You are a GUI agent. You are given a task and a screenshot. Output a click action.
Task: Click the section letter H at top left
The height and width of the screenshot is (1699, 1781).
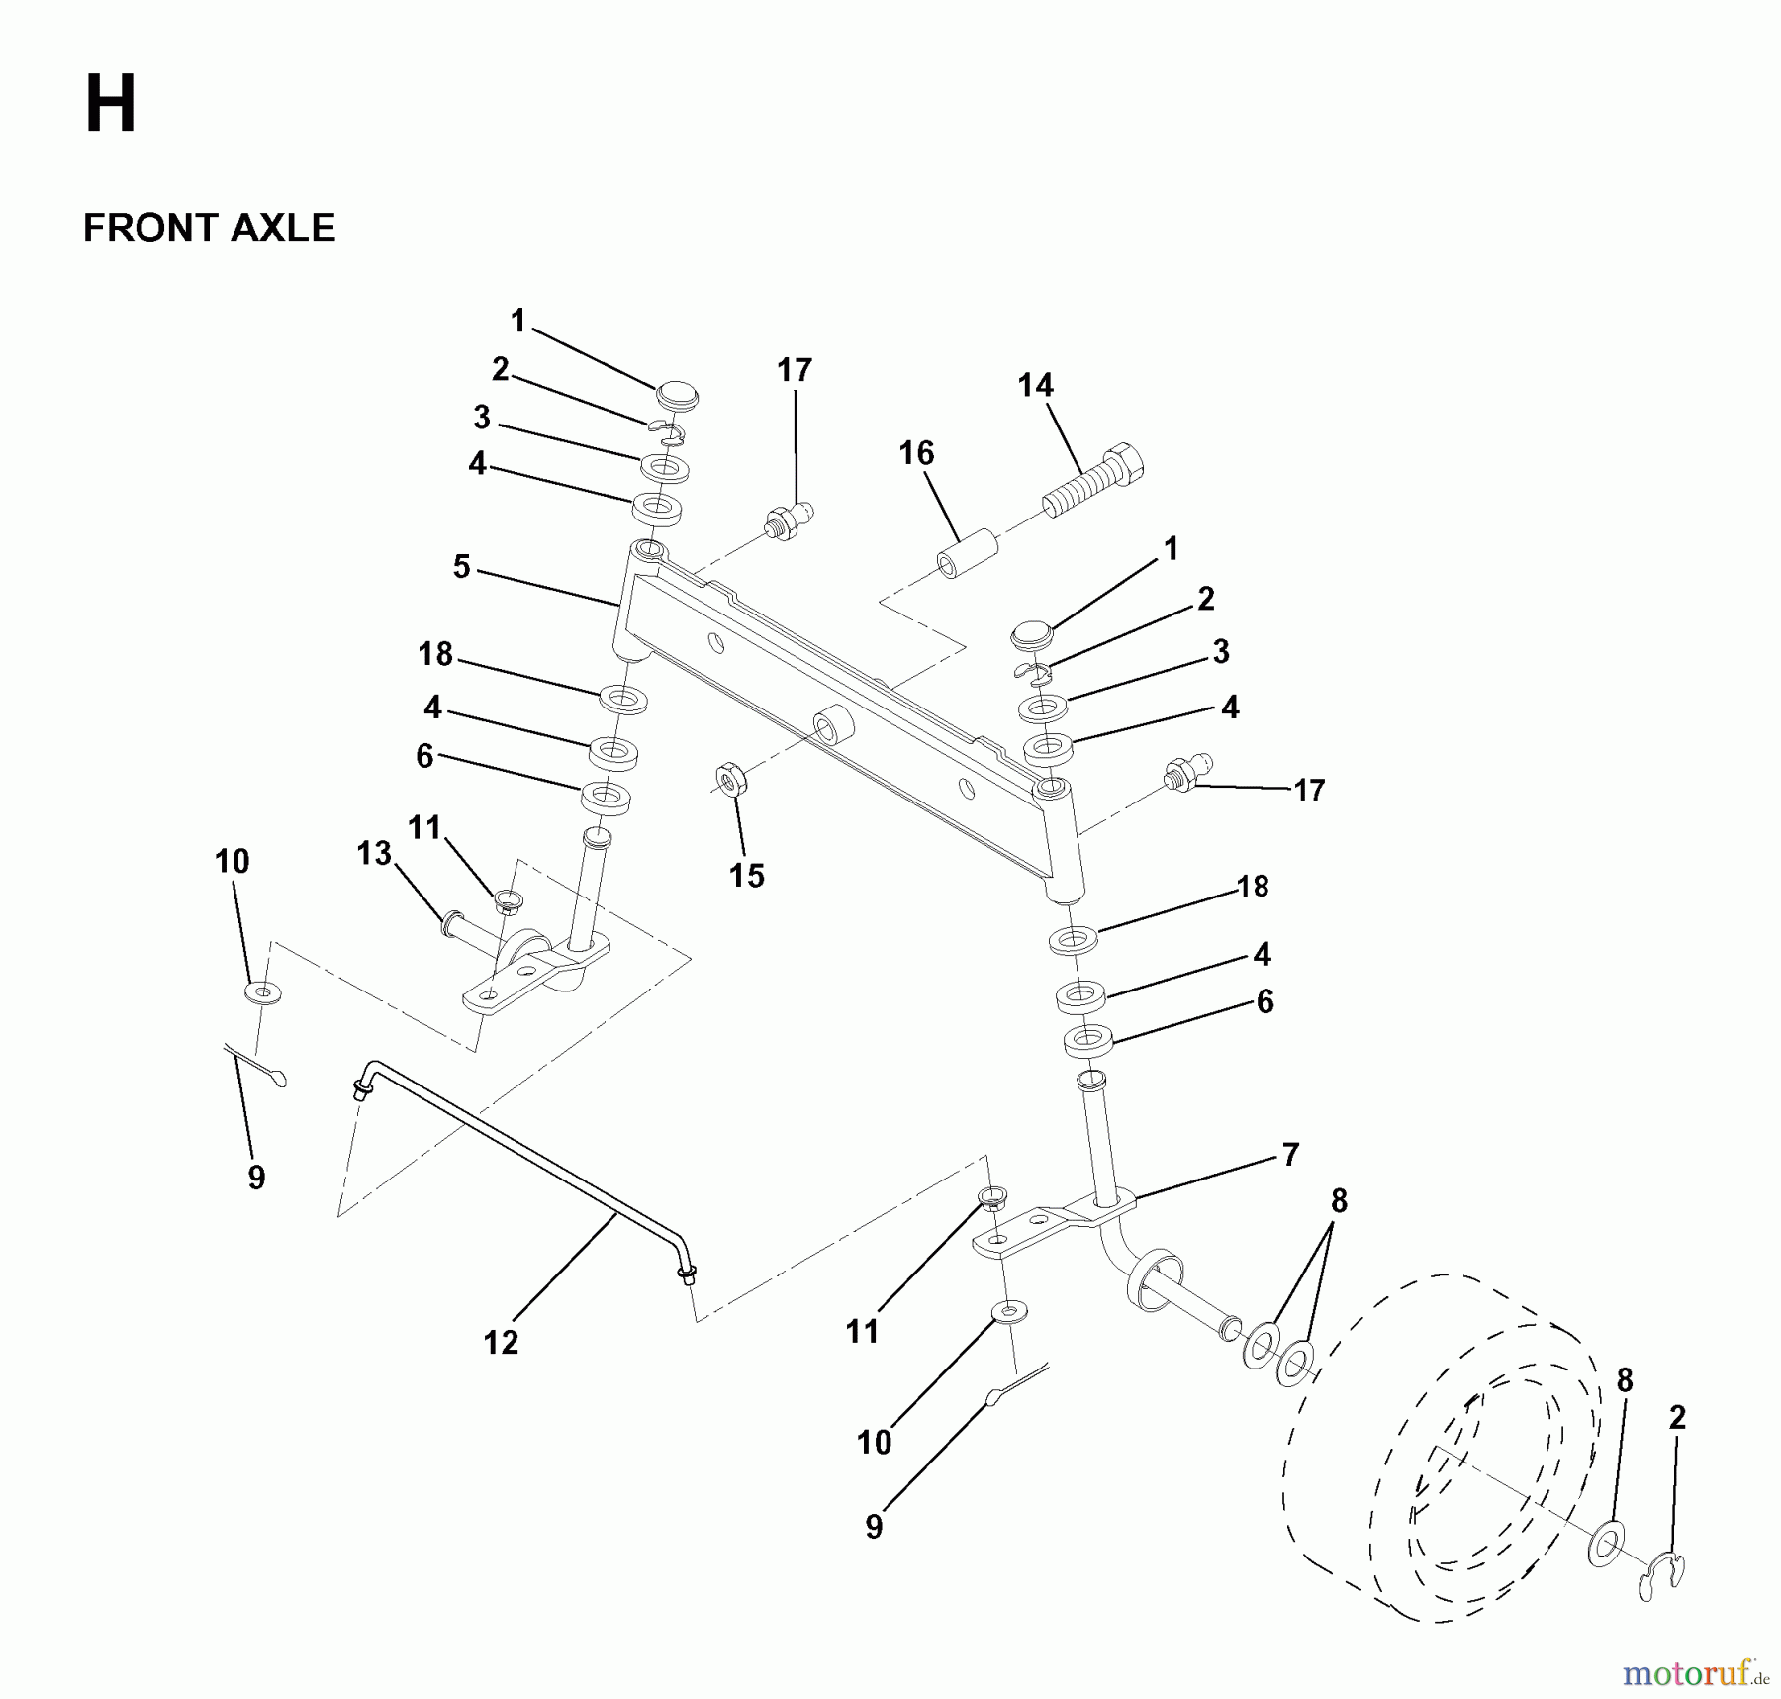click(x=110, y=106)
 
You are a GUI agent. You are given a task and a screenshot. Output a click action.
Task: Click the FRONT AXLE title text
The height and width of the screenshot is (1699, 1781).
click(x=209, y=229)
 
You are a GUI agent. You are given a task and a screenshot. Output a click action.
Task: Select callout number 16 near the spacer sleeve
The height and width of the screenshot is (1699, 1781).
click(x=916, y=453)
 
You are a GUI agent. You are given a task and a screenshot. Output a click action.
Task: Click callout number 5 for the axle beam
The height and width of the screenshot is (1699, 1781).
click(x=461, y=567)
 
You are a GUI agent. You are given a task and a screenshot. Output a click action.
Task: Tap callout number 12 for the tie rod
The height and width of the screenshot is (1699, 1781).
click(x=501, y=1342)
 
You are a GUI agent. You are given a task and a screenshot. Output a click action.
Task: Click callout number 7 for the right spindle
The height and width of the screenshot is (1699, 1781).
click(x=1290, y=1154)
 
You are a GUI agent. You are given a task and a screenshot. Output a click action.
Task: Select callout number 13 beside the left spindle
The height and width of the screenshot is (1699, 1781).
click(x=374, y=853)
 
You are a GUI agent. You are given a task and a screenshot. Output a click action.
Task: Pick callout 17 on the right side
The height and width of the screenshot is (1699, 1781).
click(x=1309, y=790)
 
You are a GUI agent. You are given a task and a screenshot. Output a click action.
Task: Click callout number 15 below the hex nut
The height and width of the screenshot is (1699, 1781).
click(x=746, y=875)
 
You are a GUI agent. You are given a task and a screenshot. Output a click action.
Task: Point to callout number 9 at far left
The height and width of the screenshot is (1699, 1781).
click(x=256, y=1177)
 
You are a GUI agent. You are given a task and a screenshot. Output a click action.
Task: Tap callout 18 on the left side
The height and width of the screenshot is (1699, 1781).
click(x=434, y=653)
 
